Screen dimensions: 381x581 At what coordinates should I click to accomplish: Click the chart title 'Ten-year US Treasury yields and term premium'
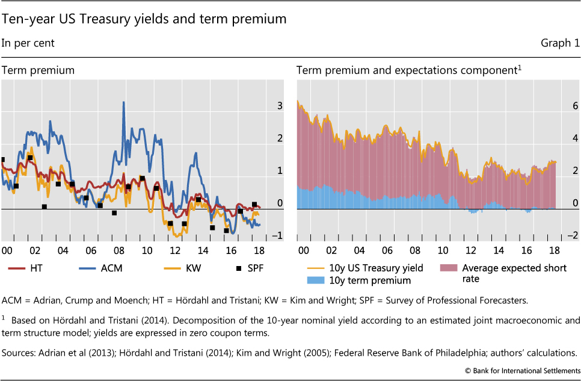click(144, 19)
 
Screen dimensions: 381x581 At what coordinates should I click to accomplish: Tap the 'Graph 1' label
click(560, 43)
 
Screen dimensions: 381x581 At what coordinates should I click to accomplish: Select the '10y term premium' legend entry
click(358, 280)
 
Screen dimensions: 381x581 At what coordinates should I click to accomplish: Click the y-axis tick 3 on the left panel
click(279, 107)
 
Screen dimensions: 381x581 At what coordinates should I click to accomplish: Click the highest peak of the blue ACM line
click(123, 102)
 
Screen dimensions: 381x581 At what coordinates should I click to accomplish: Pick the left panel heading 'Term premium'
click(38, 70)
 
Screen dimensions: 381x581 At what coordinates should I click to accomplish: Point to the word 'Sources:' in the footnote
click(18, 352)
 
